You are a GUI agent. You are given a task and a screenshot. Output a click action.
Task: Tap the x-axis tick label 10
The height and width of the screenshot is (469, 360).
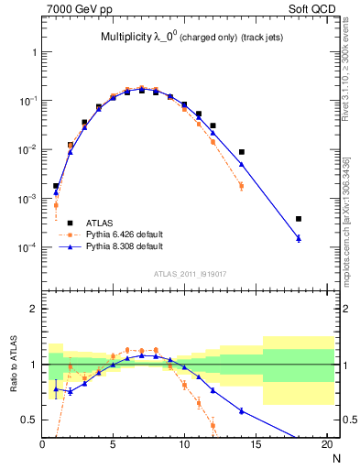click(x=185, y=445)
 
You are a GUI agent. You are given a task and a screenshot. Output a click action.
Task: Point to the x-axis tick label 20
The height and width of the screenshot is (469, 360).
click(x=327, y=445)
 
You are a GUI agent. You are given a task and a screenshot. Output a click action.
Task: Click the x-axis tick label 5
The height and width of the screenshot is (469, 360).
click(x=114, y=445)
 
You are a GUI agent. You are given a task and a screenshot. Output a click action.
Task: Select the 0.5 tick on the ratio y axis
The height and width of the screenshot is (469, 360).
click(x=30, y=420)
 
